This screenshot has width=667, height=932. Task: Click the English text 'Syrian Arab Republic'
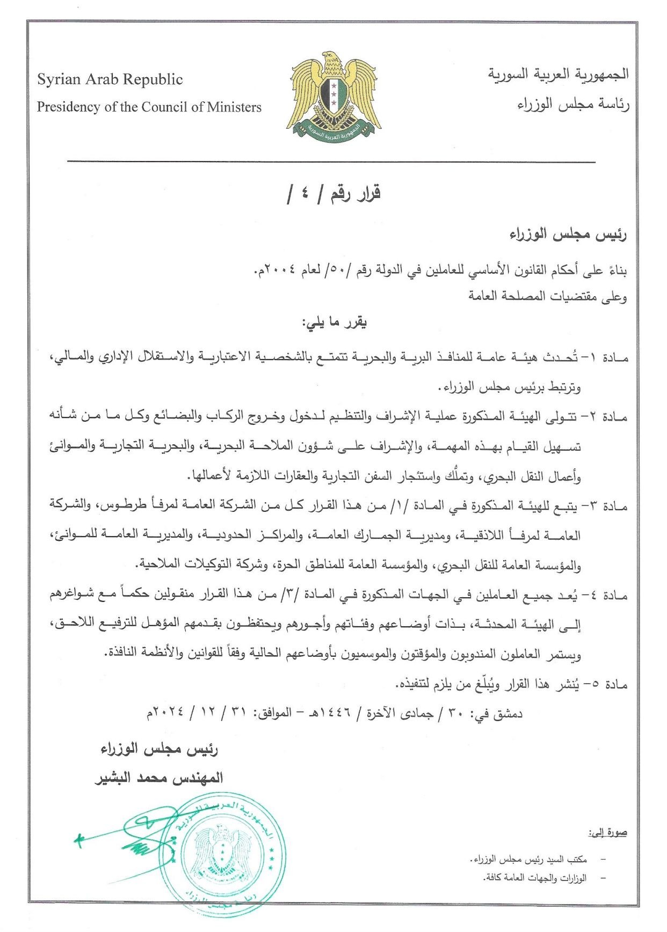tap(110, 80)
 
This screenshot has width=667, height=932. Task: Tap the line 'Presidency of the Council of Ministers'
tap(149, 107)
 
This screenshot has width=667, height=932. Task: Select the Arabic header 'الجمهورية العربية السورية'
tap(559, 74)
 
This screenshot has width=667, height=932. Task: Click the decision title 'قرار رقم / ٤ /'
tap(333, 194)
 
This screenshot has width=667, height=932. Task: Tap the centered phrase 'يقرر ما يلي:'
tap(334, 323)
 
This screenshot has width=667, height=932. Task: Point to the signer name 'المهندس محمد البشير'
tap(159, 778)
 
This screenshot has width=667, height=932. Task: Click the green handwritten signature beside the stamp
tap(134, 837)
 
